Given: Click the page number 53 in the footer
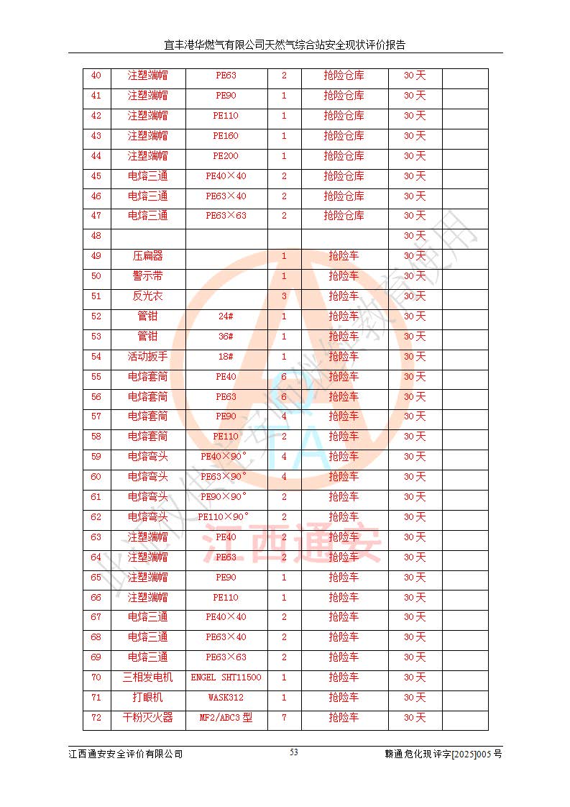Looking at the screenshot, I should pyautogui.click(x=294, y=752).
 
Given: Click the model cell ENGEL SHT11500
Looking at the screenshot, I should pyautogui.click(x=226, y=678).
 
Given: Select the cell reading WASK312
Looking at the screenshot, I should pyautogui.click(x=226, y=698).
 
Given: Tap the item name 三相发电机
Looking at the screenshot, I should pyautogui.click(x=147, y=678).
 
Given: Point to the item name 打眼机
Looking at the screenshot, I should pyautogui.click(x=147, y=698).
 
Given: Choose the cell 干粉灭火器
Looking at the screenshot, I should pyautogui.click(x=147, y=718).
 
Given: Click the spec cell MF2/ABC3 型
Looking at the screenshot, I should pyautogui.click(x=226, y=718).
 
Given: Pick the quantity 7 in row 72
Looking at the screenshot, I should pyautogui.click(x=284, y=718).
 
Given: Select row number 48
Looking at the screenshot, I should pyautogui.click(x=96, y=236).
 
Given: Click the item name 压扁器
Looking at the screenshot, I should pyautogui.click(x=147, y=256).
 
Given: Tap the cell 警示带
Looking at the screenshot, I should pyautogui.click(x=147, y=276).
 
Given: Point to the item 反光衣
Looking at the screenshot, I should pyautogui.click(x=147, y=296).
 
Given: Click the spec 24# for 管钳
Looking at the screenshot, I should pyautogui.click(x=226, y=316).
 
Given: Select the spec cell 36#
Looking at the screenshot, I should pyautogui.click(x=226, y=337).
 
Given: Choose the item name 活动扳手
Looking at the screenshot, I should pyautogui.click(x=147, y=357).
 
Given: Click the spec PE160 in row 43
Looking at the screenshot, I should pyautogui.click(x=226, y=136).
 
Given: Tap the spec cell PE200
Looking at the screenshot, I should pyautogui.click(x=226, y=156).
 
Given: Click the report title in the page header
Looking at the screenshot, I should pyautogui.click(x=285, y=45).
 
